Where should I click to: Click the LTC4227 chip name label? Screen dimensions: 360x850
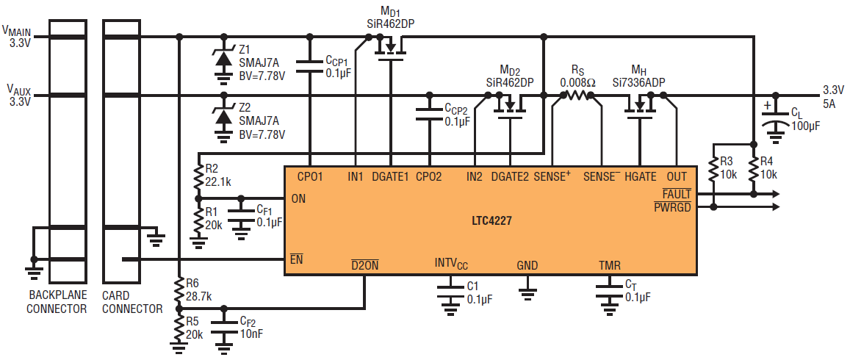[x=491, y=220]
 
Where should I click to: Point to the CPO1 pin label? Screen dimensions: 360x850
[x=310, y=176]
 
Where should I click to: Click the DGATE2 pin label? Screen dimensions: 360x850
[x=510, y=176]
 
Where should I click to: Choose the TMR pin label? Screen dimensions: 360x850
[x=610, y=265]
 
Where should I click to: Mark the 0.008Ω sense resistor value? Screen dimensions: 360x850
[x=578, y=82]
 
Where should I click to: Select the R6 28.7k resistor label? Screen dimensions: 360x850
[x=198, y=289]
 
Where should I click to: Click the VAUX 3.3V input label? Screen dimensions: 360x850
[x=18, y=96]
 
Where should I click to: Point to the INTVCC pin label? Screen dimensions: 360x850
[x=452, y=264]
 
